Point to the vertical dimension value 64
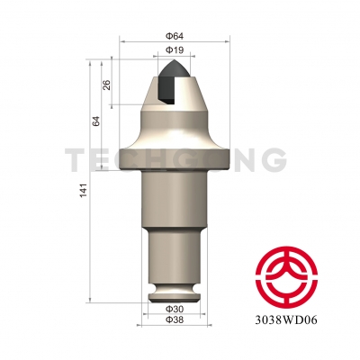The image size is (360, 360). pos(94,121)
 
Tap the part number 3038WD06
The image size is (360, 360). pos(290,318)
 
